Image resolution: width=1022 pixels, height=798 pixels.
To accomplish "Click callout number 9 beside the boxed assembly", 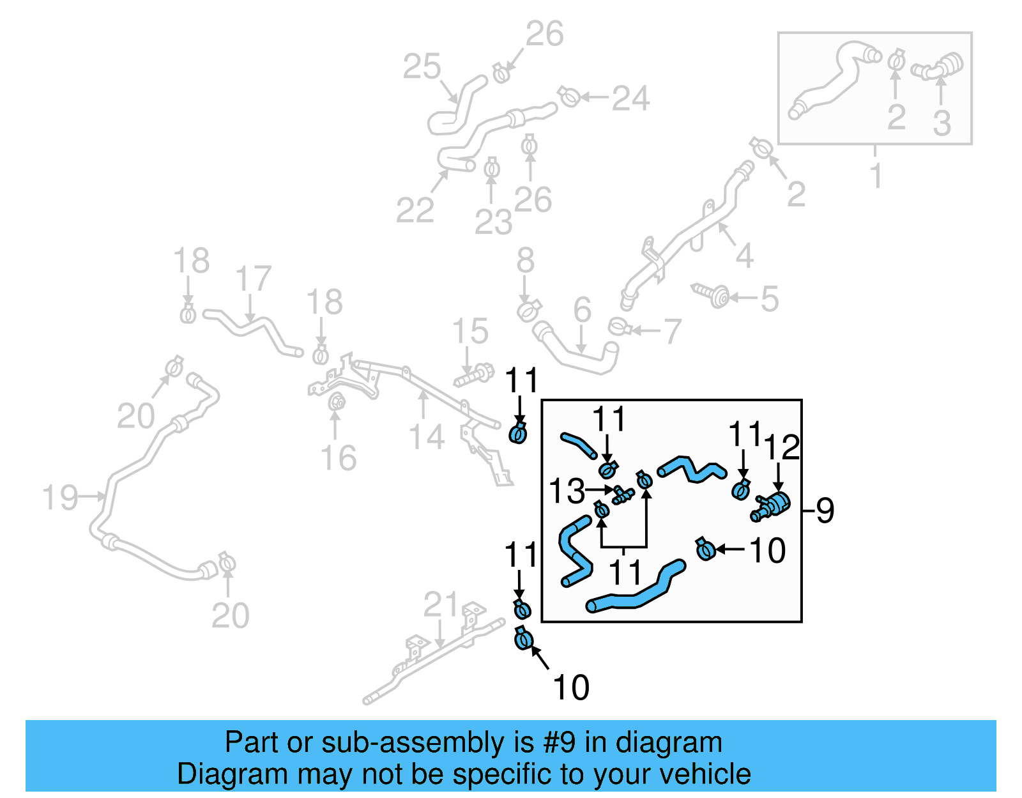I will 825,510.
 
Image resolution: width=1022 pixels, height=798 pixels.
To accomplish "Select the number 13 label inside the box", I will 567,491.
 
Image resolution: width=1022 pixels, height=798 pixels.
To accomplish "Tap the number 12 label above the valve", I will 782,447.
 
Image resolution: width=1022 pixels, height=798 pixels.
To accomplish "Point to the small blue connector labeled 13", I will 622,495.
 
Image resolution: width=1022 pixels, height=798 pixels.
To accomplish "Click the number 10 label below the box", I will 571,687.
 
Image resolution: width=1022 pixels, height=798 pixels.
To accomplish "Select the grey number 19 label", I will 60,498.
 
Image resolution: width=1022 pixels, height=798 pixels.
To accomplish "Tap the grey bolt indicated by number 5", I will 713,295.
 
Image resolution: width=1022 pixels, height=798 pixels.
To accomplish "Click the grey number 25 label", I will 422,66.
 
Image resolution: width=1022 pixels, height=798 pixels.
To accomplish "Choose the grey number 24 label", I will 630,98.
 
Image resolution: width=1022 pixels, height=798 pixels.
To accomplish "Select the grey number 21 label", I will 441,605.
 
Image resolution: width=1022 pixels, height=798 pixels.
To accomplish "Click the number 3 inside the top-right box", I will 942,123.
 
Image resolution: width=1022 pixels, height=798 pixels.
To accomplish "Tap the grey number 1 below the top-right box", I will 876,175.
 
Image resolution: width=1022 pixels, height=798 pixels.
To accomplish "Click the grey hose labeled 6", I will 578,355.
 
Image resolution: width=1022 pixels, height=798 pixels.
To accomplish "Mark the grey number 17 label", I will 253,279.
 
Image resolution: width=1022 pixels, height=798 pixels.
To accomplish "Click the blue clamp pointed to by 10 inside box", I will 705,549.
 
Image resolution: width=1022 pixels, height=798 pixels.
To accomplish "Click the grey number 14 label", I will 426,438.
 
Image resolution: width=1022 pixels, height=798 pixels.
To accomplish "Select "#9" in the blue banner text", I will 559,742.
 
